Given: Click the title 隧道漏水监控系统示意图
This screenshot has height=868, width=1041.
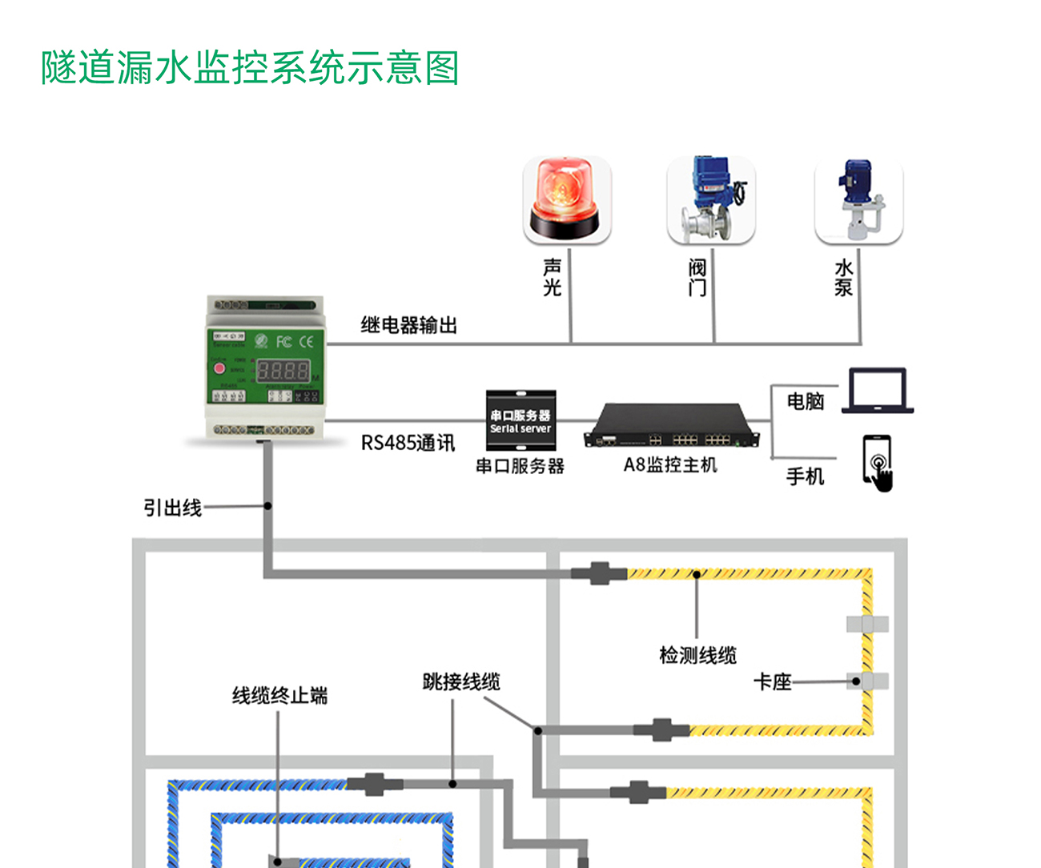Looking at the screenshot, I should point(250,68).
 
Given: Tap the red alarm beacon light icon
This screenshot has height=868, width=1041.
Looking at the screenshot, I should point(567,199).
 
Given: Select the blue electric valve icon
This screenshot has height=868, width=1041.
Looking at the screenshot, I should point(711,199).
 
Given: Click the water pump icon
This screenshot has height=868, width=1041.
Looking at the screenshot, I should point(858,199).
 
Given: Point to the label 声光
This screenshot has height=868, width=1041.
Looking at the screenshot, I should point(552,278).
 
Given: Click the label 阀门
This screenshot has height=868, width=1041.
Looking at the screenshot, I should point(697,278).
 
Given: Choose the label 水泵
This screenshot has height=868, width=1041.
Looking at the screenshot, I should point(844,278).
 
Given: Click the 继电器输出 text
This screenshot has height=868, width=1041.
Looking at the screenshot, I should point(408,325).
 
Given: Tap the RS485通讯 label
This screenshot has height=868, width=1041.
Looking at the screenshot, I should point(408,443).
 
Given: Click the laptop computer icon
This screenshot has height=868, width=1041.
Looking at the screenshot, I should point(878,391).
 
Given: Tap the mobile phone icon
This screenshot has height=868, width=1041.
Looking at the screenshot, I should point(878,462).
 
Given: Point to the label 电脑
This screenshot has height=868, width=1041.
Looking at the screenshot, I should point(805,401).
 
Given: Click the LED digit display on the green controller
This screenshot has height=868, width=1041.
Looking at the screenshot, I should point(283,371).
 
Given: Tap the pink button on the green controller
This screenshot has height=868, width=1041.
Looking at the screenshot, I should point(219,369).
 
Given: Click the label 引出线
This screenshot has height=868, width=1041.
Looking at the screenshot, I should point(172,508).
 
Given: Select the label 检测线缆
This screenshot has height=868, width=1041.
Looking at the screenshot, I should point(697,655).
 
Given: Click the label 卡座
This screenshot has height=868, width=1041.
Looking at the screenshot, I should point(772,681).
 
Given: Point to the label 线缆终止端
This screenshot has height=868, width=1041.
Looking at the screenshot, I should point(279,695).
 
